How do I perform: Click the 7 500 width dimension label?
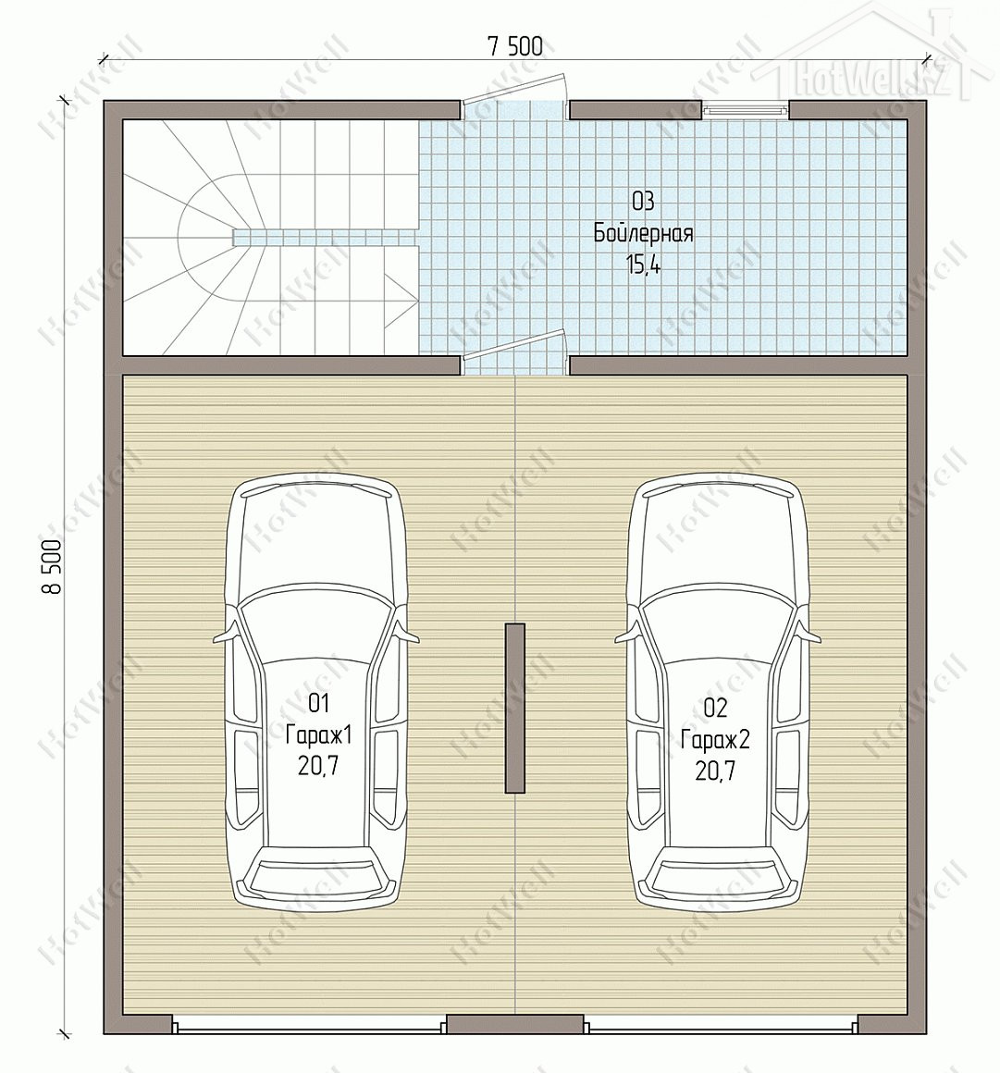tap(514, 46)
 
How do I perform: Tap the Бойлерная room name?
tap(644, 234)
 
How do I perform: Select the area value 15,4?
tap(644, 265)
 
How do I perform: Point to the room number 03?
tap(644, 202)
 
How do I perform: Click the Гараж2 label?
tap(715, 740)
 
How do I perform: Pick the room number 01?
tap(319, 703)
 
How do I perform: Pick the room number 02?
tap(715, 708)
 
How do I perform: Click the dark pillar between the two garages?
tap(514, 708)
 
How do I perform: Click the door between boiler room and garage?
tap(514, 352)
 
